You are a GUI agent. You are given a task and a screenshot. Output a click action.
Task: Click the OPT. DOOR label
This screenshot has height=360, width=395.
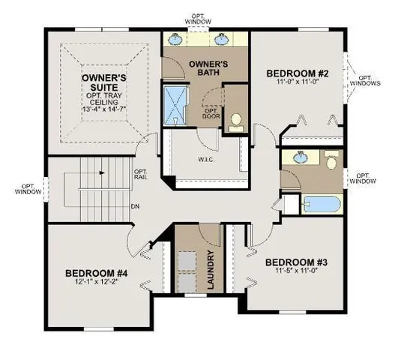211,114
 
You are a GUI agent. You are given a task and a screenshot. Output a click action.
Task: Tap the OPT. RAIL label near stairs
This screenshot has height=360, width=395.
140,175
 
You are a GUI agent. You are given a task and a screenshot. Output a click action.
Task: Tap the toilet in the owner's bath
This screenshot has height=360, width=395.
236,121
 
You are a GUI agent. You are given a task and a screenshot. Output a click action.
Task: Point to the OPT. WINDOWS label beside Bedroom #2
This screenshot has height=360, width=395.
367,80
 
